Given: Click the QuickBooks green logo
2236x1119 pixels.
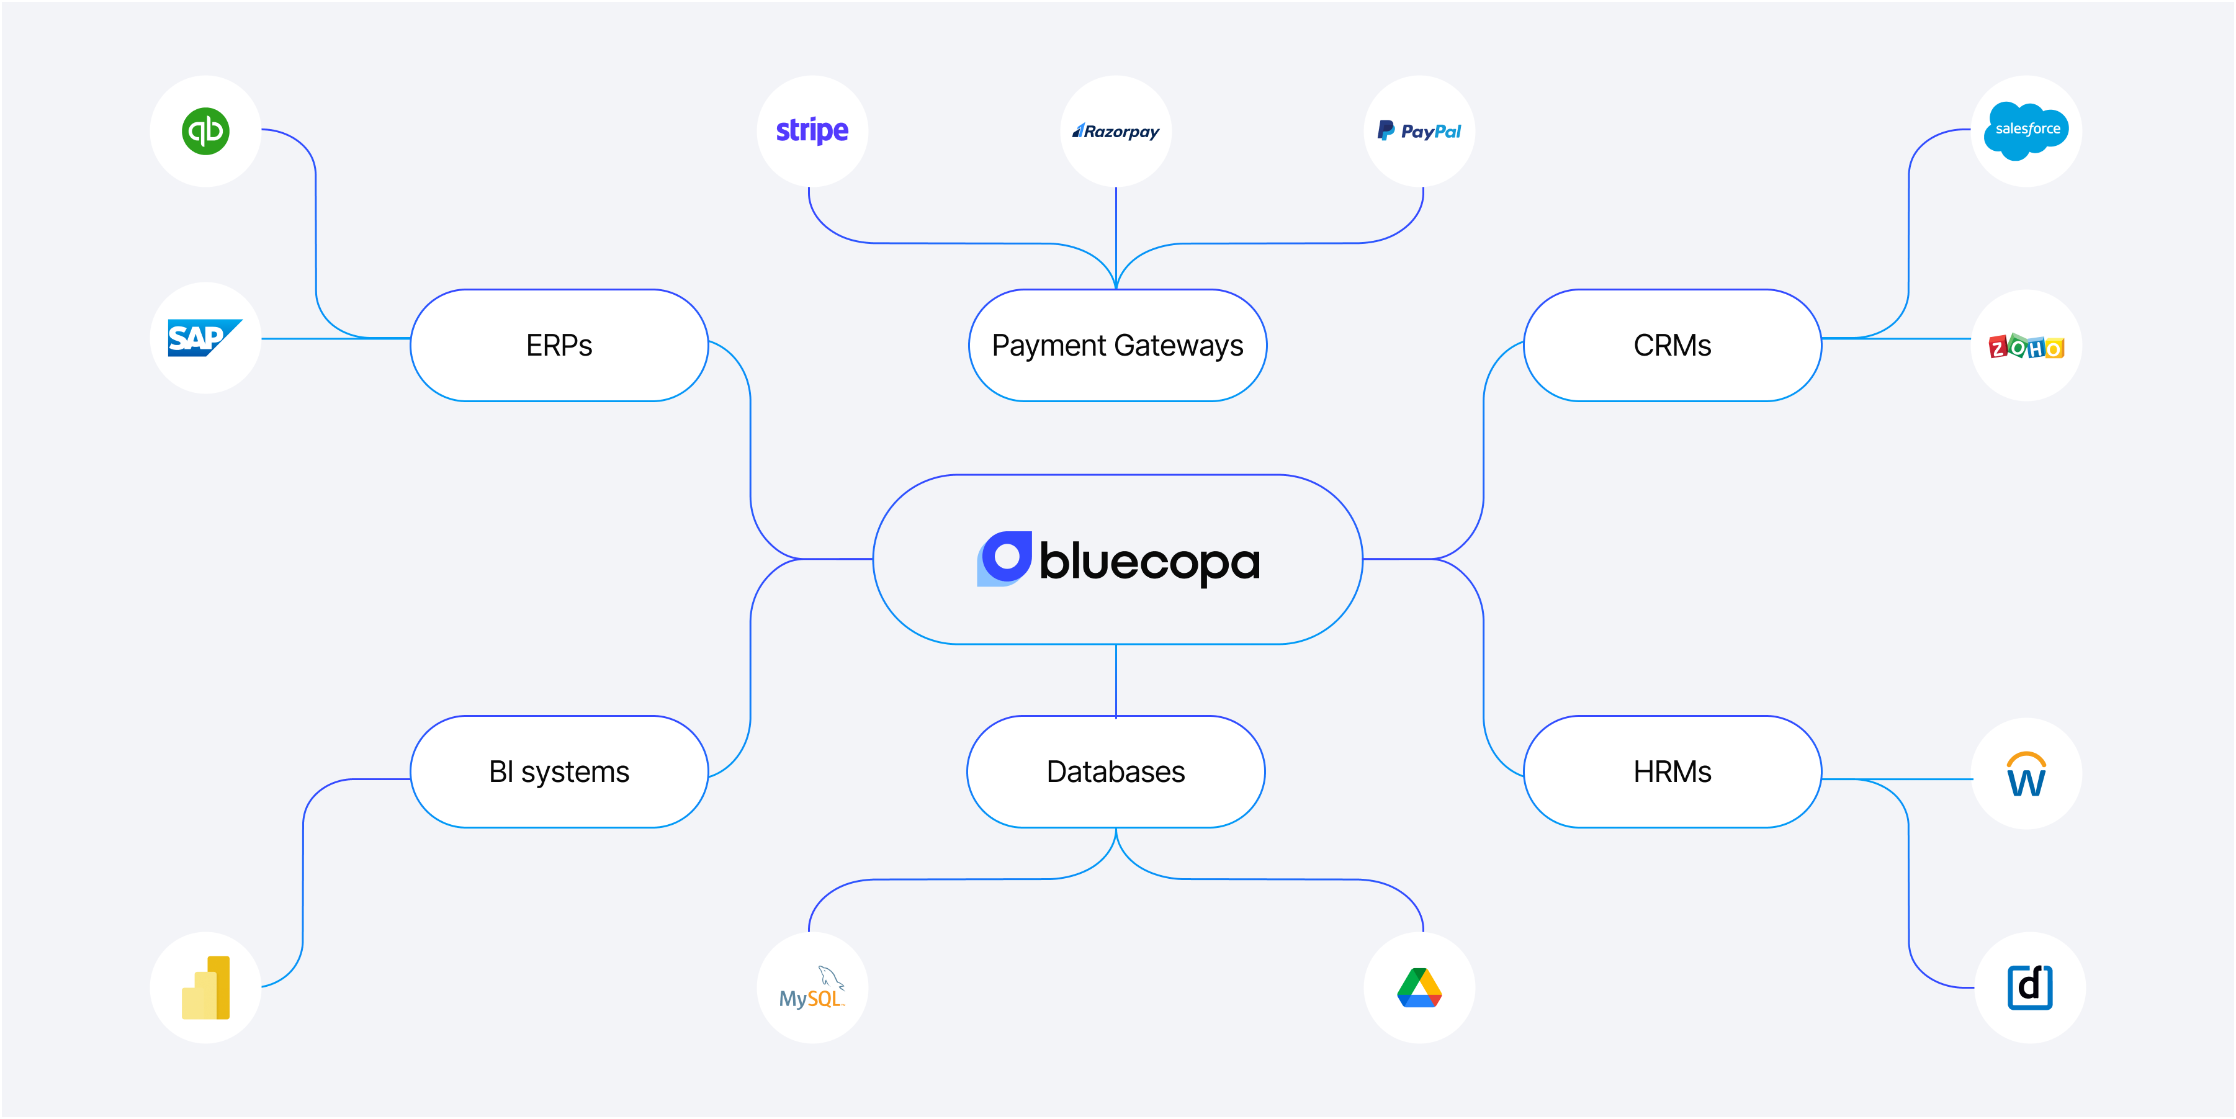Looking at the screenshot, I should coord(205,131).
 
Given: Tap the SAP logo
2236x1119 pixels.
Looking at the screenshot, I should coord(204,338).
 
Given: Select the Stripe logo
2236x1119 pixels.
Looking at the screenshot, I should coord(812,130).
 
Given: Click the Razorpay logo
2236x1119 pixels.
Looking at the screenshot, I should coord(1116,131).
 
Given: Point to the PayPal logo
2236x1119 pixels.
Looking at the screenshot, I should coord(1419,131).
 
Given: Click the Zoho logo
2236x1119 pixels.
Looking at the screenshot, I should coord(2026,346).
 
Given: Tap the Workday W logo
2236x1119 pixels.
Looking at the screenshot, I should coord(2026,775).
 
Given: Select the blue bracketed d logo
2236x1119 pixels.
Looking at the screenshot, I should coord(2029,987).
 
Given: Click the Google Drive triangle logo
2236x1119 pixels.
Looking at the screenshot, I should coord(1419,988).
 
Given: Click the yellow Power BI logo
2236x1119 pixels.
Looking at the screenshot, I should coord(205,988).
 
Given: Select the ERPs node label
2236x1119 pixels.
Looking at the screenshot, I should coord(559,346).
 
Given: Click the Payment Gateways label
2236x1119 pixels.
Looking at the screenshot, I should coord(1117,346).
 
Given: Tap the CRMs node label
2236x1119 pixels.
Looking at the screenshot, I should coord(1672,346).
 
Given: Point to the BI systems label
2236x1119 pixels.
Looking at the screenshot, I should coord(559,771).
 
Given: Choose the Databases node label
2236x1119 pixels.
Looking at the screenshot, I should coord(1115,771).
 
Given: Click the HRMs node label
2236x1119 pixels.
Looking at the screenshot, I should coord(1672,771).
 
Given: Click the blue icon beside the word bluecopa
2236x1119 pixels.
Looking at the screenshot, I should coord(1004,558).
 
